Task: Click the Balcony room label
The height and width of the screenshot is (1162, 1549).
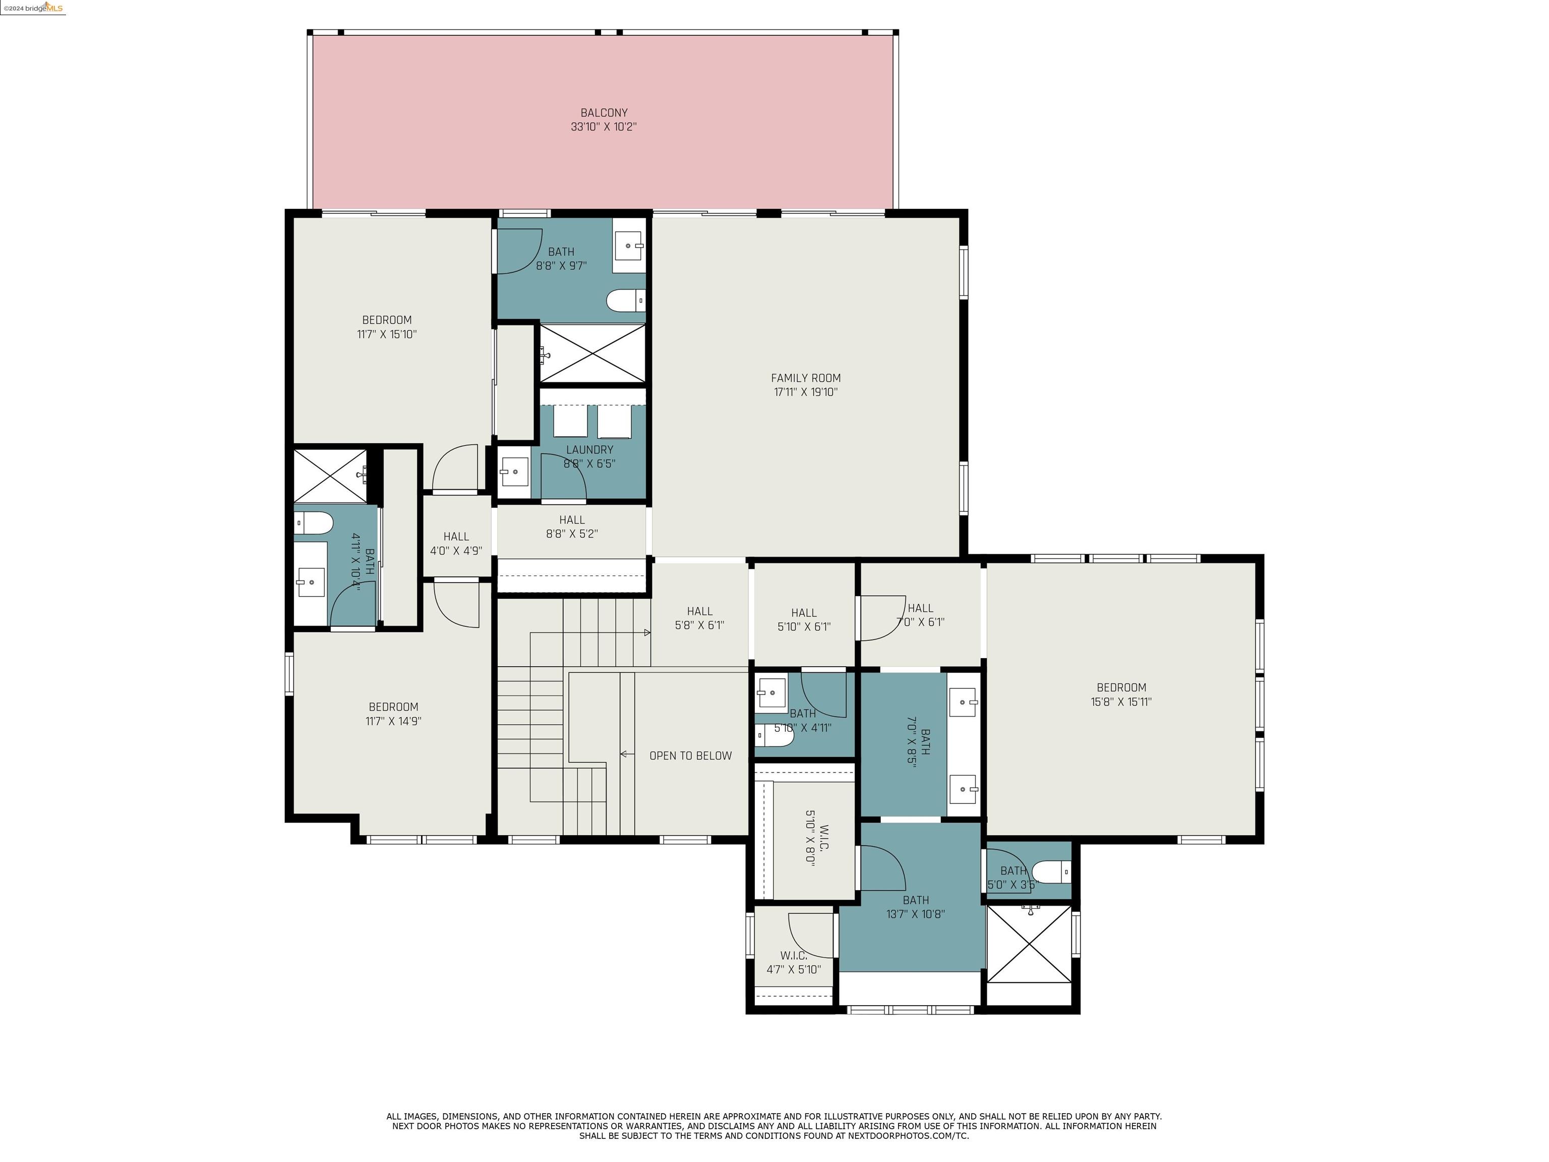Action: pos(604,113)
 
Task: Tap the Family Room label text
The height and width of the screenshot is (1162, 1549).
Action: pos(806,378)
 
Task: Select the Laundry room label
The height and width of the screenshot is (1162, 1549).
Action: pos(589,450)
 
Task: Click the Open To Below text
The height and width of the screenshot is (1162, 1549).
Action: pos(690,756)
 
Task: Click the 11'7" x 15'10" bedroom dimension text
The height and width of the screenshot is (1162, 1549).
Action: pos(387,334)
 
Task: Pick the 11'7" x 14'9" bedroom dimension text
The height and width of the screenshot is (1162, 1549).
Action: pos(393,721)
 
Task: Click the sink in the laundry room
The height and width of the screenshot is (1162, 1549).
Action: pos(514,472)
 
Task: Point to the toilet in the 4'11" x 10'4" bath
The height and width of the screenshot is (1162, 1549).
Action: pos(313,522)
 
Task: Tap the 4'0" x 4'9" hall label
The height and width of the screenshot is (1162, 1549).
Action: pos(456,544)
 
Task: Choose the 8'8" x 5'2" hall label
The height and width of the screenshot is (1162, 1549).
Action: pos(571,527)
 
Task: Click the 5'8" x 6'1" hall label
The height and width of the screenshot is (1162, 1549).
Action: pos(699,618)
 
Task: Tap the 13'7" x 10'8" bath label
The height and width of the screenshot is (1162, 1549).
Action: pos(916,907)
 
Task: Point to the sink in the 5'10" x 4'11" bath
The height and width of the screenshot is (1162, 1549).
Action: pos(771,693)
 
